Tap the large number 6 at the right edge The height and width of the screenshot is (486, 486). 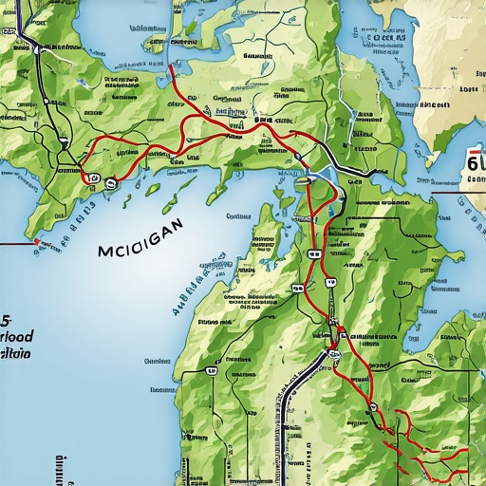tap(474, 164)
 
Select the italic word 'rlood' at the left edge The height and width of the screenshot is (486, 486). tap(16, 337)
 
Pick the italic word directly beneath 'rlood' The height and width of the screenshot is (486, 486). tap(14, 353)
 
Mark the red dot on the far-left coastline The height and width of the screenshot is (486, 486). tap(36, 242)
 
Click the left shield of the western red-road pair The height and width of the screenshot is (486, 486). tap(93, 177)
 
